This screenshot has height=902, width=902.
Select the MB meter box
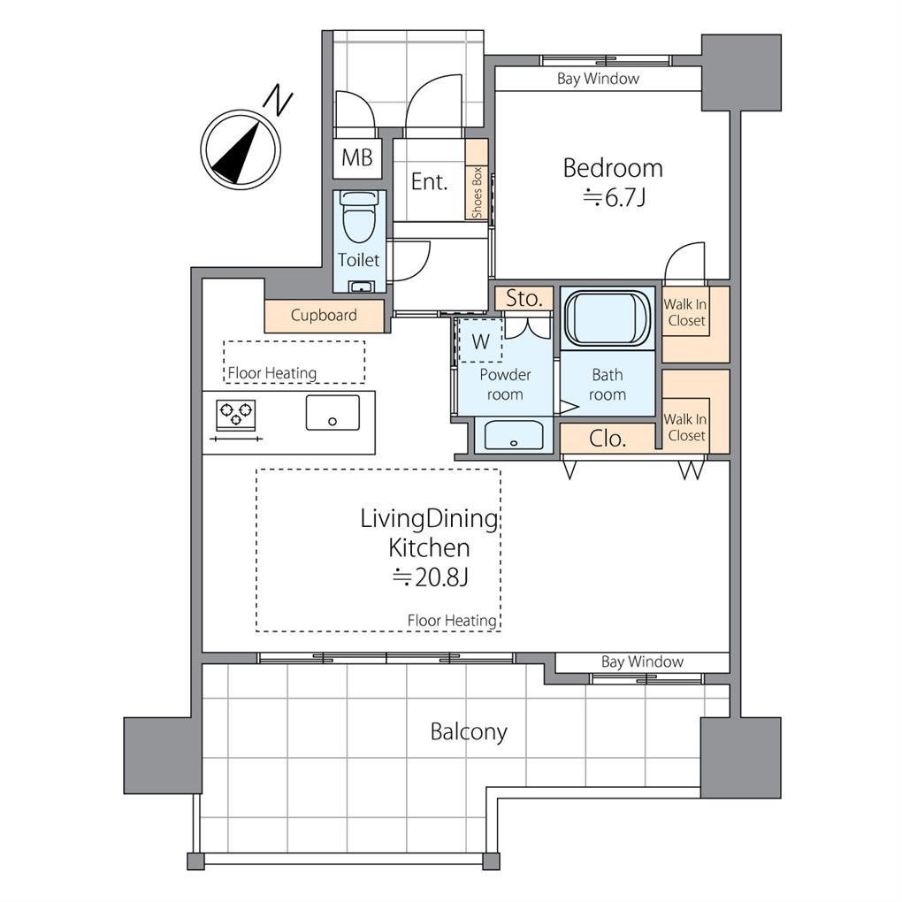(357, 157)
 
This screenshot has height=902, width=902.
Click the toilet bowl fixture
(359, 217)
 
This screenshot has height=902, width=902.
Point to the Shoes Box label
(477, 194)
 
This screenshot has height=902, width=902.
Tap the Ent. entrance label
(429, 182)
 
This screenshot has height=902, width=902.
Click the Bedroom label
(613, 168)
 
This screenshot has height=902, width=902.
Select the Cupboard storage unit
(324, 315)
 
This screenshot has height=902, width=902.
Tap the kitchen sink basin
(333, 412)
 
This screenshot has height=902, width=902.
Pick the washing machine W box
(480, 341)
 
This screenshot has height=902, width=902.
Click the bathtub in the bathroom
(607, 319)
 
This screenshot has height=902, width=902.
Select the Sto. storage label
(524, 299)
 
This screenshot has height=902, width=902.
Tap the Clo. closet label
(608, 439)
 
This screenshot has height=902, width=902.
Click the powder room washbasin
(514, 435)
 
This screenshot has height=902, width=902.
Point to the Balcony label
(469, 731)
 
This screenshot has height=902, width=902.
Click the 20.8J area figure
(432, 577)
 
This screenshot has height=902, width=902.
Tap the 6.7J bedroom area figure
(614, 198)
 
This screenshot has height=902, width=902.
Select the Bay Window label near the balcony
(642, 661)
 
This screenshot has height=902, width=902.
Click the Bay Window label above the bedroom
(598, 79)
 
